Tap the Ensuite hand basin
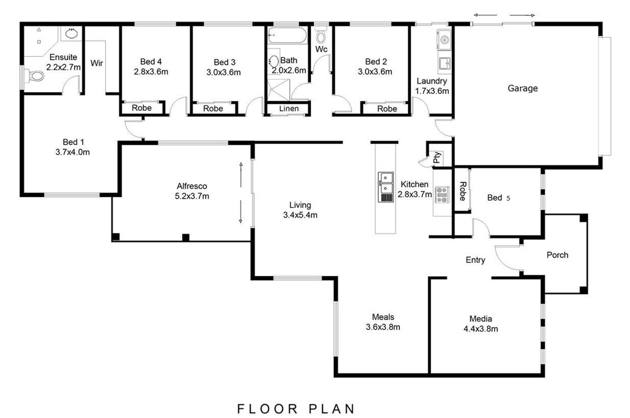pos(72,33)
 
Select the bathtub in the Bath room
pos(287,35)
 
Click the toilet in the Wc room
pos(321,35)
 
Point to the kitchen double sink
pos(386,187)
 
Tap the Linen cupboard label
pos(289,109)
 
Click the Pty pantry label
pos(437,157)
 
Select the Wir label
pos(97,63)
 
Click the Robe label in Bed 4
pos(142,108)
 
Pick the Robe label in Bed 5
pos(462,191)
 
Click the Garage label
pos(523,88)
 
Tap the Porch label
pos(557,255)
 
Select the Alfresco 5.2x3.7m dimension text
pos(192,196)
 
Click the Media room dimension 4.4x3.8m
pos(481,329)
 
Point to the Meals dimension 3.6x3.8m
pos(383,327)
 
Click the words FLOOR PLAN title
pos(296,409)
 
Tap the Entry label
pos(475,260)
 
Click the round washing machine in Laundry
pos(444,40)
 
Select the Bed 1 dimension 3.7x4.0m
pos(72,152)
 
